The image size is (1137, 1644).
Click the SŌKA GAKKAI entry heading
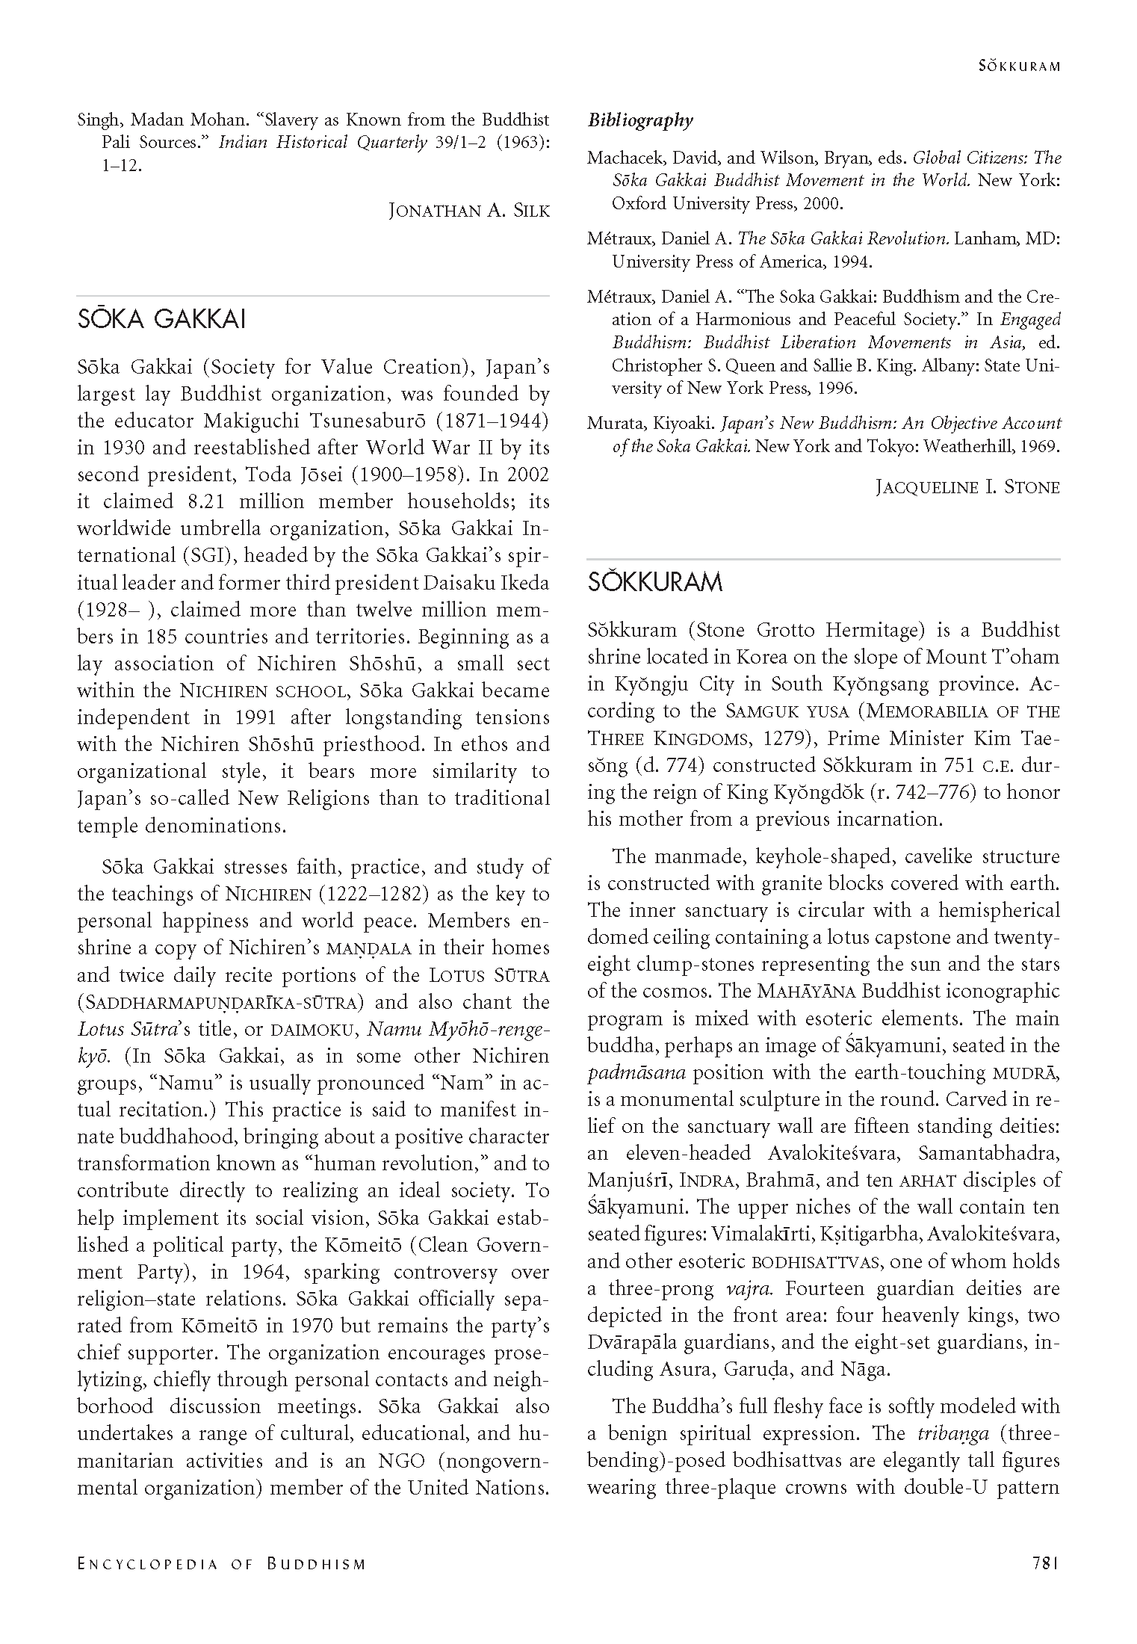[x=161, y=320]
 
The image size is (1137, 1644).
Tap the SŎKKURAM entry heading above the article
[x=655, y=582]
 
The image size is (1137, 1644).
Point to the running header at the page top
[x=1019, y=66]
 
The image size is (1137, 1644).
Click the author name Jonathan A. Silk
[x=469, y=211]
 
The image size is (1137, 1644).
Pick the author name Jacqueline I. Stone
[x=967, y=488]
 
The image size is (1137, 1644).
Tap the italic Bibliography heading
[x=640, y=120]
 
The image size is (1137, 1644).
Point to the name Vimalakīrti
[x=758, y=1234]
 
